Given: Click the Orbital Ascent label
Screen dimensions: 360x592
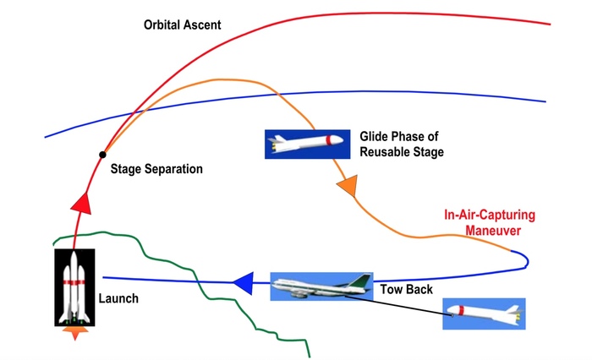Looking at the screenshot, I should tap(182, 25).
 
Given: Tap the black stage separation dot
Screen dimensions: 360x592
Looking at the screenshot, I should tap(102, 154).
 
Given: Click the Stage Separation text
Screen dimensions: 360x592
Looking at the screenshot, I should tap(157, 169).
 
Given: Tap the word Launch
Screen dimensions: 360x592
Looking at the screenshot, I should tap(118, 298).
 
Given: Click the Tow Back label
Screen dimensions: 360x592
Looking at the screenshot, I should tap(408, 290).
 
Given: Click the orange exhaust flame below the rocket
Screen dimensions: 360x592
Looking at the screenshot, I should tap(77, 334).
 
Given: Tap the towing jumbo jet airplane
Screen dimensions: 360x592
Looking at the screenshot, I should tap(320, 286).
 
